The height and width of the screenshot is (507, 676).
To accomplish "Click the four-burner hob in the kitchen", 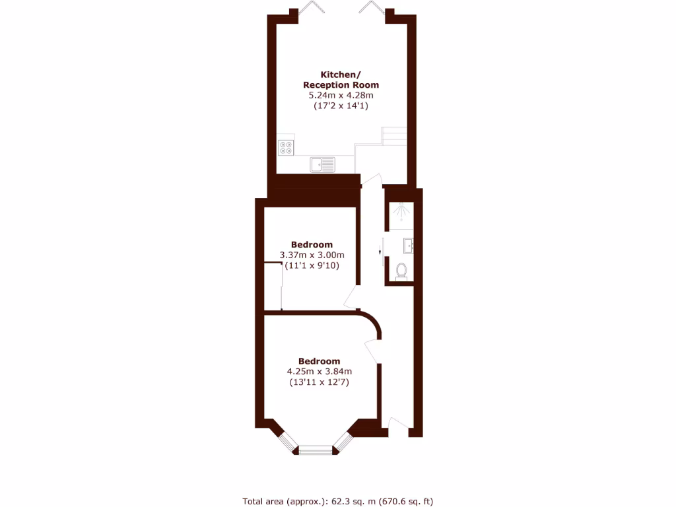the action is click(286, 147).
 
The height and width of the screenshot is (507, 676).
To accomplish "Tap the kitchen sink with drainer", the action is click(323, 163).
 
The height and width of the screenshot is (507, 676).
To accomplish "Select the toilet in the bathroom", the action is click(401, 271).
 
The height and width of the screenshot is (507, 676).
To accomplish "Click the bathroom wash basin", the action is click(408, 246).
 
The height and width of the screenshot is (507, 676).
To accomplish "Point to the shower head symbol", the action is click(400, 213).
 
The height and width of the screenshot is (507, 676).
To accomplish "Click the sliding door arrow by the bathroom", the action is click(380, 252).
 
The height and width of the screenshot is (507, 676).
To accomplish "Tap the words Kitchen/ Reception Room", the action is click(341, 80).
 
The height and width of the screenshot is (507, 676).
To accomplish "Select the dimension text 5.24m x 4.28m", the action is click(341, 96).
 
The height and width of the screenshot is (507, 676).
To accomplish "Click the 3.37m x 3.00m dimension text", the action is click(312, 255).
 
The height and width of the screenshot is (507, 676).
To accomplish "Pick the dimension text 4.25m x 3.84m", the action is click(319, 372).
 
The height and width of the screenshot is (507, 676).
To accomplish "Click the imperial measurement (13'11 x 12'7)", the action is click(319, 382).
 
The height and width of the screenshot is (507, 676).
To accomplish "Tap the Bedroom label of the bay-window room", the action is click(319, 361).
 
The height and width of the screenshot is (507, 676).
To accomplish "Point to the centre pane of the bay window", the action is click(315, 450).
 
